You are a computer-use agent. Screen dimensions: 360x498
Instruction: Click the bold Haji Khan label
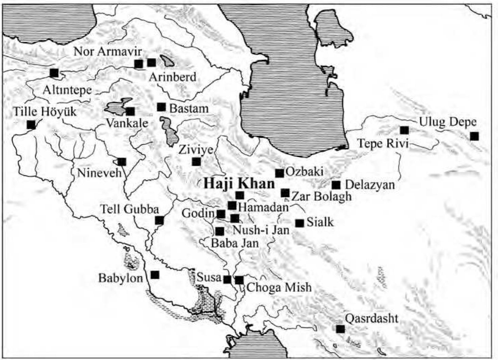239,184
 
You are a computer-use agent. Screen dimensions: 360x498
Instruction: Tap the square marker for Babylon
155,275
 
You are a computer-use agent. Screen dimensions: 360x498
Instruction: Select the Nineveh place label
99,173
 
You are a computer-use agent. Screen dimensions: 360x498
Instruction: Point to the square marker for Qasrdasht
340,329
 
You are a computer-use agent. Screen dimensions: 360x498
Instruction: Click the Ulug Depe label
447,122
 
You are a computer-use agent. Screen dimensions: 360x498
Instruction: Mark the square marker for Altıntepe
54,73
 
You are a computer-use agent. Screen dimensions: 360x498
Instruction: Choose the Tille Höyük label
45,112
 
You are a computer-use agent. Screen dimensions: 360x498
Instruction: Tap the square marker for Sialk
299,223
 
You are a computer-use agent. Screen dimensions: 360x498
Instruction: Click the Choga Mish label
279,288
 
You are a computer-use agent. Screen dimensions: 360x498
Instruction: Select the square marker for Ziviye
196,162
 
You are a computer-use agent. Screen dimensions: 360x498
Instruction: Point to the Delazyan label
370,185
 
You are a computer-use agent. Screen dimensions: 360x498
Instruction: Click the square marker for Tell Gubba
159,220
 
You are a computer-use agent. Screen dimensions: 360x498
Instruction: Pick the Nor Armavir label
108,51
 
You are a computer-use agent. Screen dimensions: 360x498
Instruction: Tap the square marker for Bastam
161,107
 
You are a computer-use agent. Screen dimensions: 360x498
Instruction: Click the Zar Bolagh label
321,196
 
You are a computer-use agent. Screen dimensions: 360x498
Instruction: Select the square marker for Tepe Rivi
404,130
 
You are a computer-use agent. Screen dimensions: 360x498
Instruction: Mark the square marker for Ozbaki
279,173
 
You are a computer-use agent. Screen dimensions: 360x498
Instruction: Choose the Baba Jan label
235,243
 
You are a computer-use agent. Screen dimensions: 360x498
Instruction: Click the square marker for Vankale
130,111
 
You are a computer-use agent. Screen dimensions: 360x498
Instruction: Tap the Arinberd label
172,77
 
